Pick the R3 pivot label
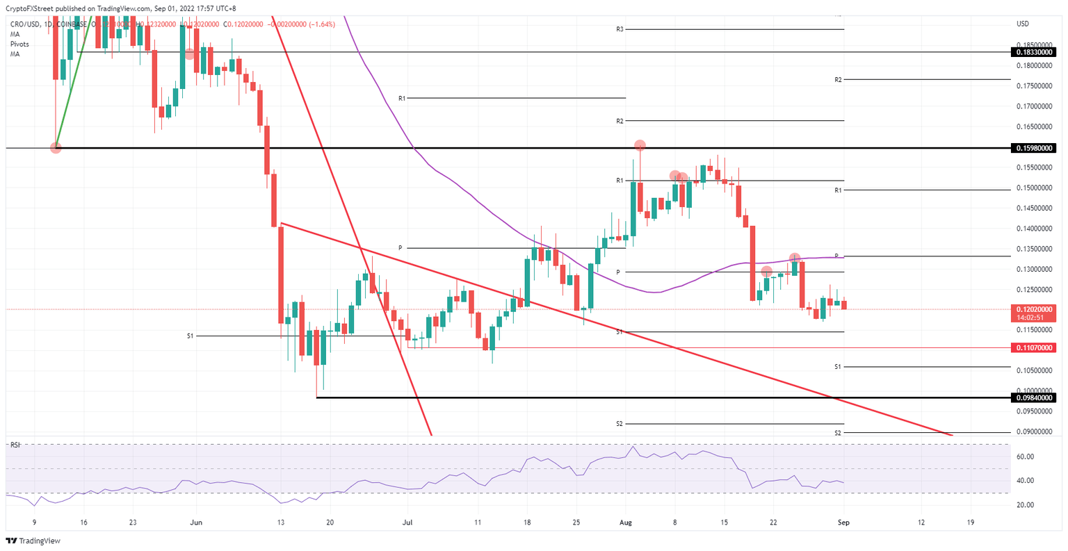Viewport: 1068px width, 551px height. pos(619,29)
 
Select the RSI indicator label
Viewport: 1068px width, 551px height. pos(15,445)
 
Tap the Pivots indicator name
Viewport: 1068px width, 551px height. pos(19,44)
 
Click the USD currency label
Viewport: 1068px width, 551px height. pos(1023,24)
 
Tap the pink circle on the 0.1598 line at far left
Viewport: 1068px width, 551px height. pos(56,147)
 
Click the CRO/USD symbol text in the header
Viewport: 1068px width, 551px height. pos(24,24)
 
